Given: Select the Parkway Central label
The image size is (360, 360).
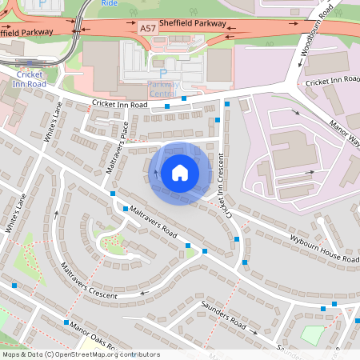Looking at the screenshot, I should tap(162, 89).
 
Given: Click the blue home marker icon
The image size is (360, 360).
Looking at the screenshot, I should tap(179, 173).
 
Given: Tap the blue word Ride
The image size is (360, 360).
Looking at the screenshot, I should tap(110, 3).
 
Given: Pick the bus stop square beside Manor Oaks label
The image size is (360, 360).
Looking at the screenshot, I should tap(65, 322).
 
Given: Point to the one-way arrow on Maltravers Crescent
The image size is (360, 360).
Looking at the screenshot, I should tap(144, 293).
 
